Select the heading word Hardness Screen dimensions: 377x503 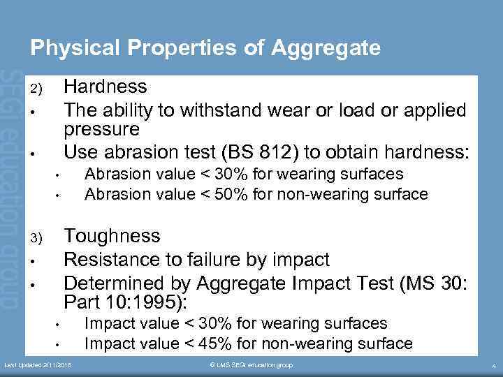pos(105,87)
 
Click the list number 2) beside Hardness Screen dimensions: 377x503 pos(36,89)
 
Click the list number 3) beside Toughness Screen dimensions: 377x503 pos(36,239)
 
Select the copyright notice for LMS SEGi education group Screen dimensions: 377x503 pos(251,365)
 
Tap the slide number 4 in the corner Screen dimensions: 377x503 pos(493,366)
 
